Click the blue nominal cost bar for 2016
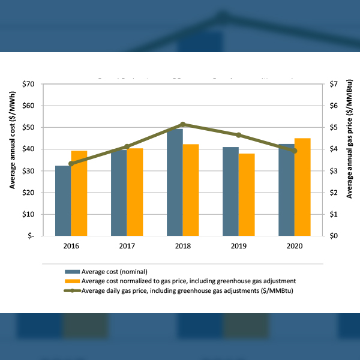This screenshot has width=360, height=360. tap(63, 200)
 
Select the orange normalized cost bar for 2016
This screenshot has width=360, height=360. tap(79, 193)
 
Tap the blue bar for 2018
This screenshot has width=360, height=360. tap(175, 182)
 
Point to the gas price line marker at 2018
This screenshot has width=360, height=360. tap(183, 124)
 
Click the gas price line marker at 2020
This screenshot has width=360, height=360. tap(295, 151)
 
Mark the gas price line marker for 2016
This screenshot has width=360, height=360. tap(71, 164)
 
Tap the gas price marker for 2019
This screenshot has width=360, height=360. tap(239, 135)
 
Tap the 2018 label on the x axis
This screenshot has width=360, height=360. tap(182, 246)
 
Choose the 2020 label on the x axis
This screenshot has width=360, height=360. tap(295, 246)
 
